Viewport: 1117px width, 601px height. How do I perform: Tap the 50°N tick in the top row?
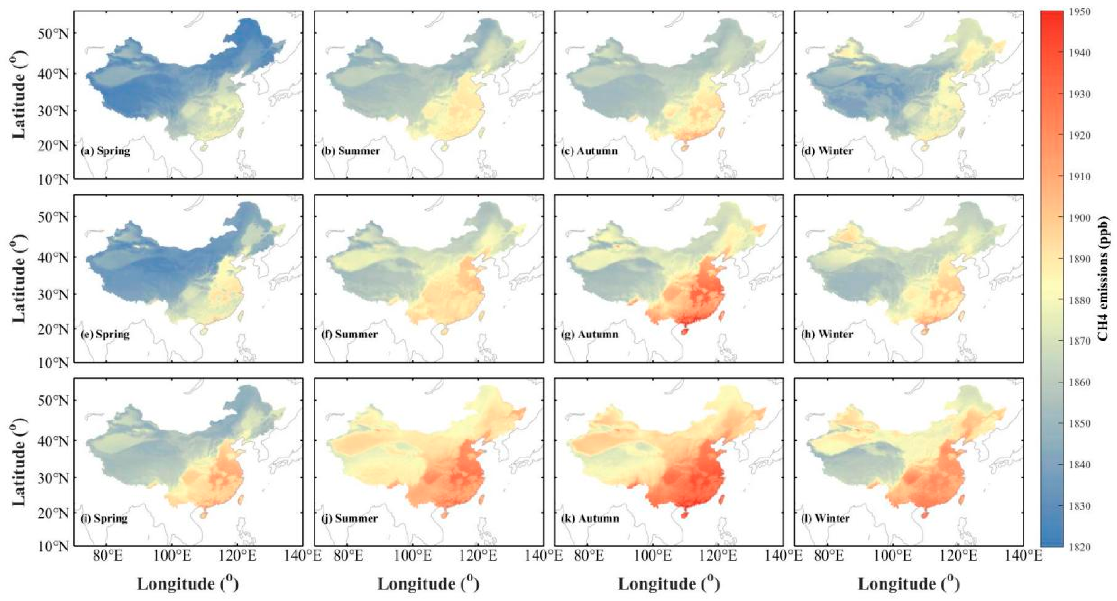[x=53, y=33]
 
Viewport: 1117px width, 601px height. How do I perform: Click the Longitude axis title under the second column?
[x=428, y=584]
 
